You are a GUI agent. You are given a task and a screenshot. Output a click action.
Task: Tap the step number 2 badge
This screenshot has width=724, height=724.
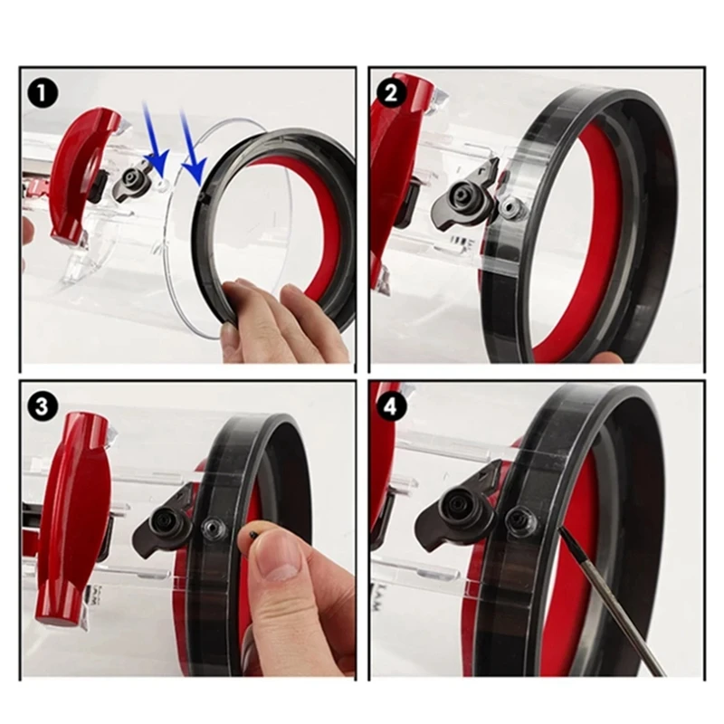(392, 92)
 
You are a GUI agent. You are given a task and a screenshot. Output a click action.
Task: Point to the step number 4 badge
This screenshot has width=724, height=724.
(392, 406)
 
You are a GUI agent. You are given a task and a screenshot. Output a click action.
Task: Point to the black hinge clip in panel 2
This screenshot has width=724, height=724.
(465, 195)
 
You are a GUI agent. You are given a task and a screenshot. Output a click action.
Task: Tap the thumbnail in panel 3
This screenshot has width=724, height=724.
(277, 568)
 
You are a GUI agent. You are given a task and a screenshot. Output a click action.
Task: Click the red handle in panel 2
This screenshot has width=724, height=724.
(398, 154)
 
